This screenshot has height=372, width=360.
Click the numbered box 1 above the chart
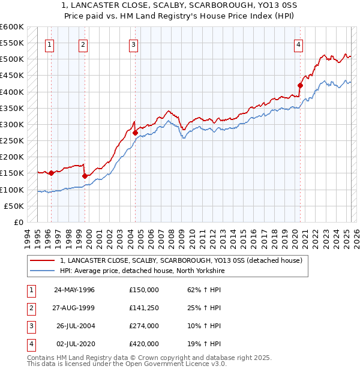[x=49, y=44]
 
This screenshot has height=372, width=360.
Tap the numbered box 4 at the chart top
[x=298, y=44]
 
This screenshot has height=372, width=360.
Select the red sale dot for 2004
[x=135, y=133]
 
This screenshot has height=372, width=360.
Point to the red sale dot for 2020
[x=300, y=85]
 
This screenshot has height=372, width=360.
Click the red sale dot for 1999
[x=85, y=176]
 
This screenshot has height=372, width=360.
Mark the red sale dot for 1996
[x=51, y=173]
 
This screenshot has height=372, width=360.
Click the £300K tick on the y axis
[x=11, y=124]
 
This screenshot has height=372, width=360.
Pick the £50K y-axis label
[x=14, y=206]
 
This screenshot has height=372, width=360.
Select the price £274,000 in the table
[x=144, y=326]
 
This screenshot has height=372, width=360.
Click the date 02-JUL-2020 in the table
[x=74, y=344]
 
